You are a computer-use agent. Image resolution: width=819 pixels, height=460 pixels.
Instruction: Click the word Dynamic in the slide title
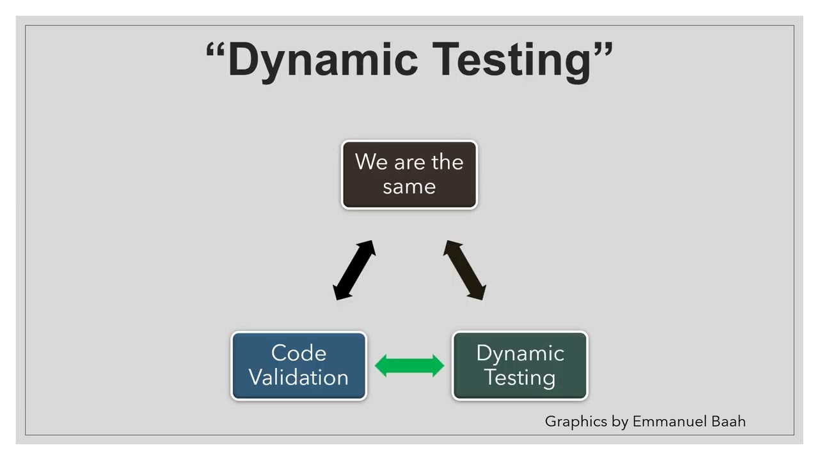click(x=322, y=59)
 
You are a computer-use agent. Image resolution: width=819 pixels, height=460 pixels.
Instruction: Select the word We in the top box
click(x=371, y=162)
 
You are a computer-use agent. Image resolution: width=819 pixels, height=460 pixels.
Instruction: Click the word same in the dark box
click(x=409, y=187)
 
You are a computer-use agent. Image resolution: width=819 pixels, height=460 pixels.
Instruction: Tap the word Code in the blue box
click(x=298, y=353)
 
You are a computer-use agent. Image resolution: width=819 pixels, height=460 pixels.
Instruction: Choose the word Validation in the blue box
click(x=298, y=377)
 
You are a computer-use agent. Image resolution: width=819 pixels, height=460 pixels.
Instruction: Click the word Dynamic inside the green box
click(x=520, y=353)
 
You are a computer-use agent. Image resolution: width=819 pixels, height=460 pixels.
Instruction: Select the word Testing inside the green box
click(x=520, y=377)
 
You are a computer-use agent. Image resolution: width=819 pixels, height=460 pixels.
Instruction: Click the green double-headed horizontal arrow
click(x=409, y=366)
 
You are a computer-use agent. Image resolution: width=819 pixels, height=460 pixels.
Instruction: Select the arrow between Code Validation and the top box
click(x=354, y=270)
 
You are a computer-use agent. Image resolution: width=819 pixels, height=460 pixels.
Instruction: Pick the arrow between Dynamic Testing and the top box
click(x=465, y=270)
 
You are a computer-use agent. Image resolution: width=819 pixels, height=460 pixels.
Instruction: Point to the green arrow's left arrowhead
click(x=382, y=366)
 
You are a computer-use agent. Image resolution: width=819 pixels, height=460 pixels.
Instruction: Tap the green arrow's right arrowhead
click(x=437, y=366)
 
